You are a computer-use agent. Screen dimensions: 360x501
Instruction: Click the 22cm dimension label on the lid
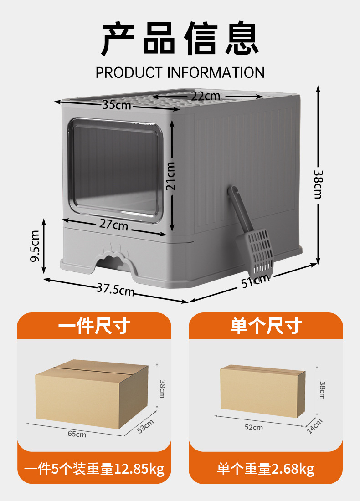(x=205, y=96)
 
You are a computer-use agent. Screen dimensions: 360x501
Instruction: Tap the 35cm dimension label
(x=116, y=105)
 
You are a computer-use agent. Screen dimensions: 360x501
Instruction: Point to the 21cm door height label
(x=171, y=177)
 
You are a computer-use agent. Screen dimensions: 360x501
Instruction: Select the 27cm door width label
(x=114, y=225)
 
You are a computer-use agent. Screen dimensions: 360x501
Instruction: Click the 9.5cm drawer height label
(x=35, y=246)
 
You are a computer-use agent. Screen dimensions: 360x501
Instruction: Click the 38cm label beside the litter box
(x=318, y=184)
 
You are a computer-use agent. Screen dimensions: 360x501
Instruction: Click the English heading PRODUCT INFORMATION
(x=180, y=72)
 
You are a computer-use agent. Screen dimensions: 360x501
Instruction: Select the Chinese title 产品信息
(x=180, y=40)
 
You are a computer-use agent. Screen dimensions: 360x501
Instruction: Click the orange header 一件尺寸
(x=94, y=326)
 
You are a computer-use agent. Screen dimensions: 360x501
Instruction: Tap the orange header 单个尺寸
(x=266, y=326)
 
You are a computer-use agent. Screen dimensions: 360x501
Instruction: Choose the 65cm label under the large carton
(x=77, y=434)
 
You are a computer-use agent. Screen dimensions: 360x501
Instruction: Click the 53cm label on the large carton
(x=146, y=426)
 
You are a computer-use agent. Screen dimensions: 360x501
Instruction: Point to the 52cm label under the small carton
(x=254, y=427)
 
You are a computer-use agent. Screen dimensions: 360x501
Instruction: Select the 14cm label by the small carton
(x=315, y=426)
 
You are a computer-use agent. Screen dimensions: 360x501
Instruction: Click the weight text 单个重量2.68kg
(x=266, y=469)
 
